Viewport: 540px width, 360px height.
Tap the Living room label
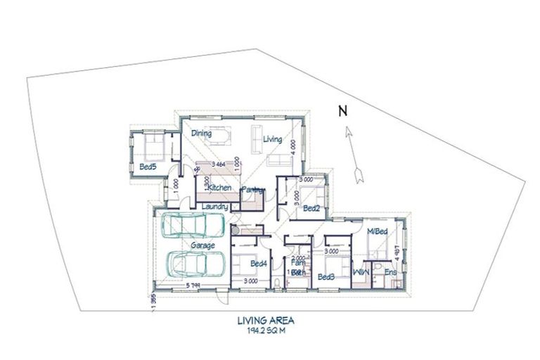click(272, 139)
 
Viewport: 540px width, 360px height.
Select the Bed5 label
click(147, 167)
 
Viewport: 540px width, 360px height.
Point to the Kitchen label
click(219, 187)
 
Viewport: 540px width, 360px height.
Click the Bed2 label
click(312, 208)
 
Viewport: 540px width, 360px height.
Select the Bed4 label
click(259, 264)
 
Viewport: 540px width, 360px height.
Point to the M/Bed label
click(377, 231)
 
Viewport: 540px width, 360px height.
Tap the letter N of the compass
click(342, 110)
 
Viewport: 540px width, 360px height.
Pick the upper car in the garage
click(192, 227)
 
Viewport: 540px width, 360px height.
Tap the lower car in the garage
click(196, 265)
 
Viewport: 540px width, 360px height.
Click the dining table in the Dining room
click(224, 134)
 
